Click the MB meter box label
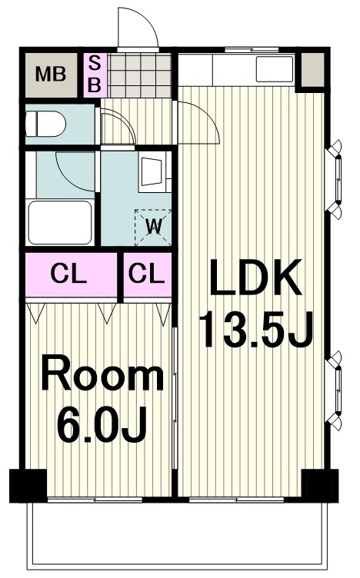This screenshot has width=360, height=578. point(51,74)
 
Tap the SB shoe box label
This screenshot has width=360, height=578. point(95,75)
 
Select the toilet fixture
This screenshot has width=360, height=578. point(45,125)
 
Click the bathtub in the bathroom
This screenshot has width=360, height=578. point(60,222)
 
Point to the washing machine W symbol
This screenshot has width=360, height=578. point(153,227)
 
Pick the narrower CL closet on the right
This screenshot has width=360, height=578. point(148,274)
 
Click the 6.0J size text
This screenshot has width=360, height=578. point(102,424)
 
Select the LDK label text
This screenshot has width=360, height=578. point(255,277)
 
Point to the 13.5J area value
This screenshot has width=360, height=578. point(255,329)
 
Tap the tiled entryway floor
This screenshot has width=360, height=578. point(141,75)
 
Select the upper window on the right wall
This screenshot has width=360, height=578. point(335,180)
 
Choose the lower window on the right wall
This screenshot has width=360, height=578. point(335,390)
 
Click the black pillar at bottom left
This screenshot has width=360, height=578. point(28,486)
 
